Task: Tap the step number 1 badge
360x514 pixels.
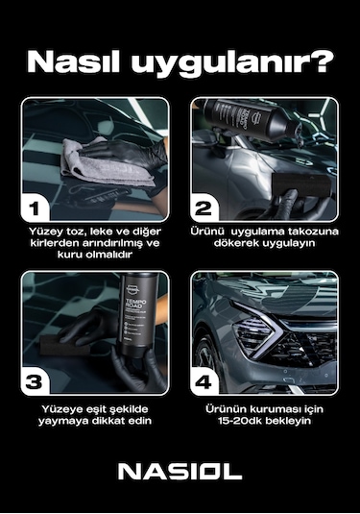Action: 36,208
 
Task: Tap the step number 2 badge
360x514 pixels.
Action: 204,208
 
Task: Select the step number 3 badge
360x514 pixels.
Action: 36,380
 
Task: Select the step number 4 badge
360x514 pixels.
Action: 204,380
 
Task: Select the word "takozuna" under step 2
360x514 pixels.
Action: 307,232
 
